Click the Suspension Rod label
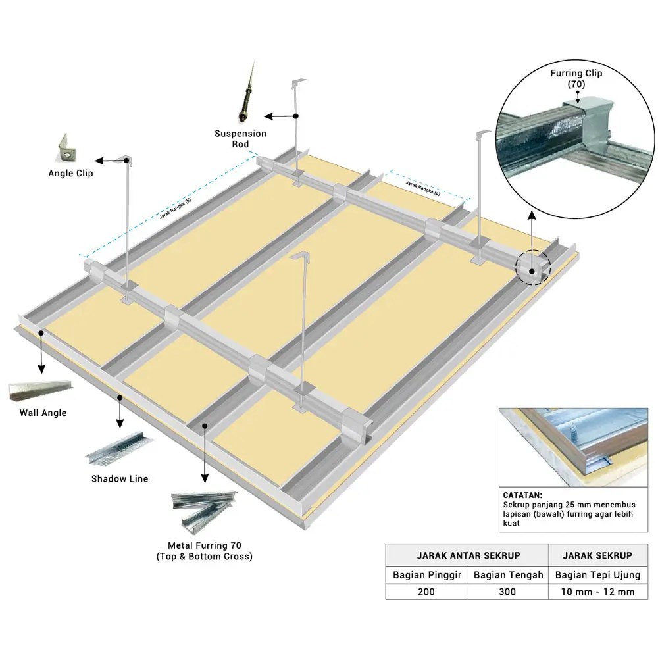240,139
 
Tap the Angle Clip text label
70,174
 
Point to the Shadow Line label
120,478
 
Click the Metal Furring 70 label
204,551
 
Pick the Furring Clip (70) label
576,79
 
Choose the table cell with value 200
426,592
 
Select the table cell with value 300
507,592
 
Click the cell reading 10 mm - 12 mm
597,592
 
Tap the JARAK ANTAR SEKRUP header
467,555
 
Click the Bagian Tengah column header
508,574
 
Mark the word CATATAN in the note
522,495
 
